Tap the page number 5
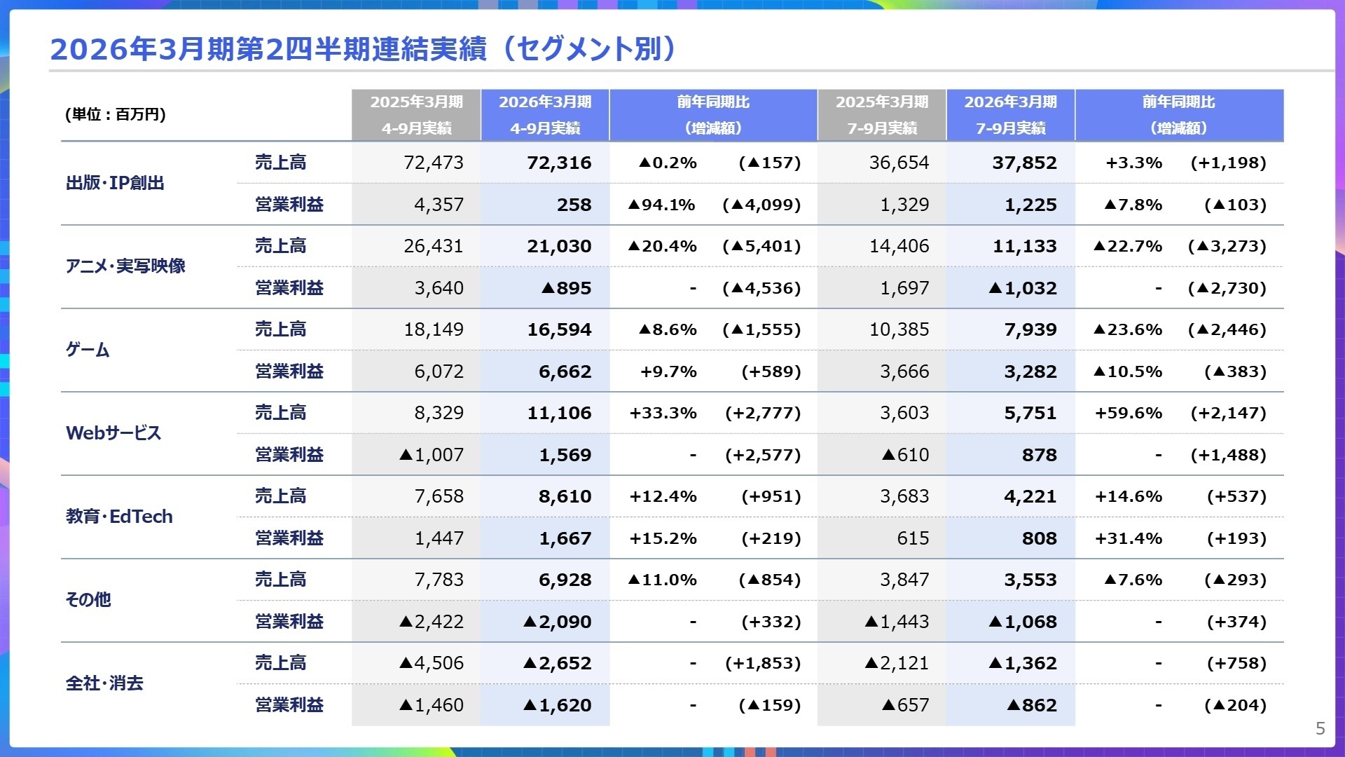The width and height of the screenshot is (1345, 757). (x=1320, y=728)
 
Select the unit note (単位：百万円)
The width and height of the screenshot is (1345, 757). (x=116, y=114)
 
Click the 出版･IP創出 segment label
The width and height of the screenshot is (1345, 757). (x=115, y=183)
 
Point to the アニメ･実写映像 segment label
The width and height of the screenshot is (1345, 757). (x=125, y=266)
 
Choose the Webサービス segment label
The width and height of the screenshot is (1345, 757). (x=113, y=433)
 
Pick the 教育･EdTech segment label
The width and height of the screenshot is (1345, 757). (x=119, y=517)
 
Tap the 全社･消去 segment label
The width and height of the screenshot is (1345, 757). (x=104, y=683)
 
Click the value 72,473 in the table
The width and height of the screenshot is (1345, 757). (x=434, y=163)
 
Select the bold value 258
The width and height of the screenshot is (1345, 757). (x=574, y=205)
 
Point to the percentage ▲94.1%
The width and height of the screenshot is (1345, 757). (x=661, y=205)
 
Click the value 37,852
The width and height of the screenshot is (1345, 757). (x=1024, y=163)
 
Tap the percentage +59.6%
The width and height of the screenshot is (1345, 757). (x=1128, y=413)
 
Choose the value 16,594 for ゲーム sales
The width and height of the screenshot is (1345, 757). (x=559, y=329)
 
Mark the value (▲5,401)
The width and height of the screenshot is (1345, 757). (x=761, y=246)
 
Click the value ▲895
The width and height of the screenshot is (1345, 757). (x=566, y=288)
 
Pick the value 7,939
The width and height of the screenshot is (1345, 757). (x=1030, y=329)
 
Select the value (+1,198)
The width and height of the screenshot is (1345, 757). (x=1228, y=163)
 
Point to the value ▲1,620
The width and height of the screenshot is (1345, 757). (x=558, y=705)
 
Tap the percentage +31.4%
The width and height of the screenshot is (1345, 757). (x=1128, y=538)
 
